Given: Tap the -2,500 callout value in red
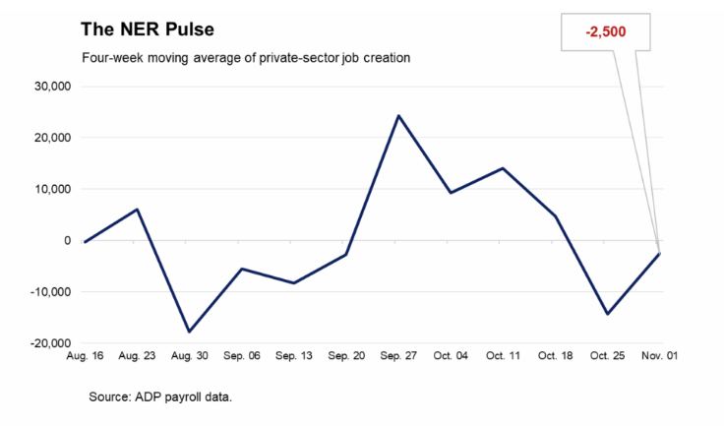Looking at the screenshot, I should coord(606,32).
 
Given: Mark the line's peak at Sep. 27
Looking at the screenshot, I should coord(398,116).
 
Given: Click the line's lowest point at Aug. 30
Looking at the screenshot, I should coord(189,332).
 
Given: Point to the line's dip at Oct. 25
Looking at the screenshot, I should coord(608,314).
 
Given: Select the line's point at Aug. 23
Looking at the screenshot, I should coord(137,210).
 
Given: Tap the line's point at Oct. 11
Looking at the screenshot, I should coord(504,168).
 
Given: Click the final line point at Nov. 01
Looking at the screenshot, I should coord(660,254).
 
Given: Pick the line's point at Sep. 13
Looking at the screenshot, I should coord(293,283).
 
